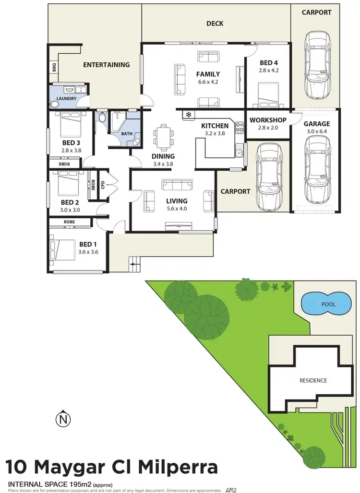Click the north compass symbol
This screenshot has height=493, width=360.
pos(63,420)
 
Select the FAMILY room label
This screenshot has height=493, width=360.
pos(208,74)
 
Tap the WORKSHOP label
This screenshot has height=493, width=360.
pos(268,120)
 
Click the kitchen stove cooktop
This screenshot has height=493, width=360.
pos(239,128)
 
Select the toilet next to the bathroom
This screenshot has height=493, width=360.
pos(102,118)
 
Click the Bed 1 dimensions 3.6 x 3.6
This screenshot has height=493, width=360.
pos(88,252)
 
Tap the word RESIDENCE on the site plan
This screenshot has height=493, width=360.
pos(313,380)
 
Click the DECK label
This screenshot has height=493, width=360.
pos(215,23)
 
